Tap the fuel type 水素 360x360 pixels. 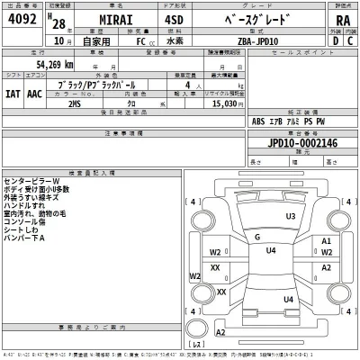pyautogui.click(x=190, y=40)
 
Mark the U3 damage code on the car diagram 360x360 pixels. pyautogui.click(x=290, y=217)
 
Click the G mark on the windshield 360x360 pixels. pyautogui.click(x=257, y=237)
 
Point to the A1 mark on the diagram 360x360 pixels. pyautogui.click(x=327, y=242)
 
